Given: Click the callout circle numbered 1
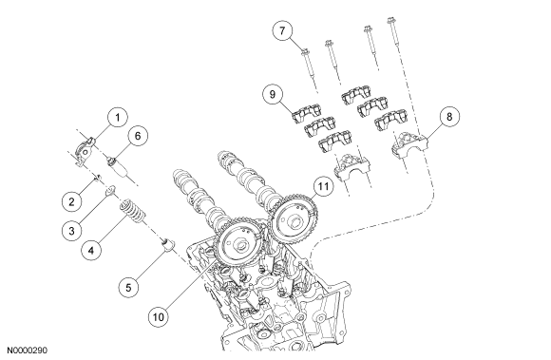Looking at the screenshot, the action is tap(118, 117).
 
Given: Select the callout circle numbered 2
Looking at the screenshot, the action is tap(71, 201).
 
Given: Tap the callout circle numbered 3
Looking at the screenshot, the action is tap(71, 231).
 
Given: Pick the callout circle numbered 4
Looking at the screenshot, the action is tap(91, 251).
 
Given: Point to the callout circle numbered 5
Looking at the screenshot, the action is tap(128, 288).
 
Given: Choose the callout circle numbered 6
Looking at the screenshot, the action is tap(138, 136).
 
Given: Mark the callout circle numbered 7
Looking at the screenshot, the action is tap(282, 30).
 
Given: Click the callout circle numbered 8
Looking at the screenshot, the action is tap(449, 117).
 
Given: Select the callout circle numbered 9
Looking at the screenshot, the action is tap(273, 94).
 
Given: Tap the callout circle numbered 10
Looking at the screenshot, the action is tap(159, 317).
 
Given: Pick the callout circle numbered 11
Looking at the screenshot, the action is tap(323, 186).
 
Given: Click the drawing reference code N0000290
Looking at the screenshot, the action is tap(27, 351).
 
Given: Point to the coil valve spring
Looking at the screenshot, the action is tap(133, 212).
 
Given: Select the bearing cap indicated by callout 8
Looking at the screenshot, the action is tap(409, 144).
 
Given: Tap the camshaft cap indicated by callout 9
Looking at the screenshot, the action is tap(307, 113).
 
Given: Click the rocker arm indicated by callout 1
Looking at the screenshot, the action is tap(85, 152).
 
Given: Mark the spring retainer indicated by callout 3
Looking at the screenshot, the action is tap(110, 190).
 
